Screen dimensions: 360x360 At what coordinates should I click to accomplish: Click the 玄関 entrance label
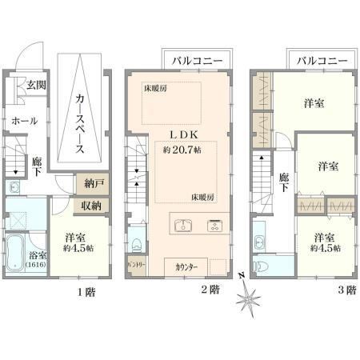[36, 85]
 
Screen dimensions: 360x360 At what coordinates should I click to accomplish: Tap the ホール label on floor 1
[24, 121]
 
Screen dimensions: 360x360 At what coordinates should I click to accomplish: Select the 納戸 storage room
[93, 184]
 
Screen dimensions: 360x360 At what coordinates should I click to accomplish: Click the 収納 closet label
[91, 206]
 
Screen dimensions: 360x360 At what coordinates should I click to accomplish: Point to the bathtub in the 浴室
[15, 253]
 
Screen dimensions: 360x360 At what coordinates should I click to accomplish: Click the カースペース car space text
[80, 124]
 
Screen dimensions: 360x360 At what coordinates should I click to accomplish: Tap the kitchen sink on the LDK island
[184, 225]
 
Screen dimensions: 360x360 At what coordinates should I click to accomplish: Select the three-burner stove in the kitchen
[214, 226]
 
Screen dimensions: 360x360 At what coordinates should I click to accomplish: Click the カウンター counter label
[186, 267]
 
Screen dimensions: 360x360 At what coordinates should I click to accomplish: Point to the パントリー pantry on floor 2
[137, 266]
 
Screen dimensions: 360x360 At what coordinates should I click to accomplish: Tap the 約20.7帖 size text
[182, 150]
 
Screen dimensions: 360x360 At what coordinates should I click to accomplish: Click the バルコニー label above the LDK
[197, 61]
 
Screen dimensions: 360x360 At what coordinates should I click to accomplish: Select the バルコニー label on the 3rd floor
[322, 61]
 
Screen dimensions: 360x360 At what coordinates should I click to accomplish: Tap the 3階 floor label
[347, 290]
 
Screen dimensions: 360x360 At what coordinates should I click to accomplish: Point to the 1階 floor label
[86, 292]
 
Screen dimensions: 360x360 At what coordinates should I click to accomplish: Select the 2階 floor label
[210, 290]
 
